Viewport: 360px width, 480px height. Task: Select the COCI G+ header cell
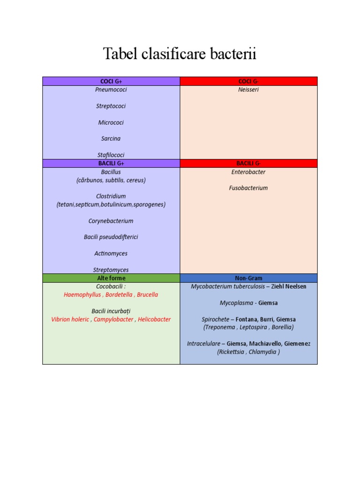click(x=111, y=82)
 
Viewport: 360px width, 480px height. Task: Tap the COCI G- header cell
click(x=248, y=82)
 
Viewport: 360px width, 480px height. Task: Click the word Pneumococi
click(x=111, y=90)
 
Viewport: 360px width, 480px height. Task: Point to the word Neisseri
click(x=248, y=90)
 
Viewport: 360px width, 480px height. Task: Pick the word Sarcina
click(x=111, y=138)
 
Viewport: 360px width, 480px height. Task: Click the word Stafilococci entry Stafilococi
click(x=111, y=155)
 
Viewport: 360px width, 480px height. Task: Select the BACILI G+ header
click(x=111, y=163)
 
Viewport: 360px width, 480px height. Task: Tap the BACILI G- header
click(x=248, y=163)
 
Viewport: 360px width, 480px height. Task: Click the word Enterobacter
click(x=248, y=172)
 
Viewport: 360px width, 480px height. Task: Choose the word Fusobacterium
click(x=248, y=188)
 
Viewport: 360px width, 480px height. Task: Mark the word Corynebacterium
click(x=111, y=221)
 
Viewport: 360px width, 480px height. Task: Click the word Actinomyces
click(x=111, y=253)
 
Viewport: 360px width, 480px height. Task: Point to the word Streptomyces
click(x=111, y=270)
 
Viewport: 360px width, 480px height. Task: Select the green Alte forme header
click(x=111, y=278)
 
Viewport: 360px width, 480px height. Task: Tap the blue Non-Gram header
click(x=248, y=278)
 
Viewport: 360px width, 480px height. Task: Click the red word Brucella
click(x=148, y=294)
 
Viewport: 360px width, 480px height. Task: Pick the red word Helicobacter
click(x=154, y=319)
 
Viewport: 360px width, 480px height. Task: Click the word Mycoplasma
click(x=237, y=303)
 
